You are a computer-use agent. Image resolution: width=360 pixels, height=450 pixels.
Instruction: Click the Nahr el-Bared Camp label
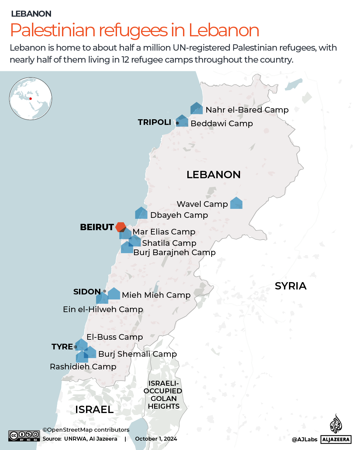pos(247,110)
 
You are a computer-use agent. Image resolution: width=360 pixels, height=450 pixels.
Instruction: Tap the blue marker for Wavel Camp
pos(236,203)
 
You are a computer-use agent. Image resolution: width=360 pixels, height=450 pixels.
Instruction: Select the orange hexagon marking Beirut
pos(120,227)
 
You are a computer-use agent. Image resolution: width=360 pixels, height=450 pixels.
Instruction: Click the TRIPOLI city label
pos(154,122)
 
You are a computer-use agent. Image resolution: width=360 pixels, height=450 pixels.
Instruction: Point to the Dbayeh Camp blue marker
pos(141,213)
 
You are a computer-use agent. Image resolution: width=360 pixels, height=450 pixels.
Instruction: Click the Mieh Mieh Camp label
pos(156,295)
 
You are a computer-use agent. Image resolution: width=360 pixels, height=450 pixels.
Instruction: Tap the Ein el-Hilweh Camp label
pos(103,309)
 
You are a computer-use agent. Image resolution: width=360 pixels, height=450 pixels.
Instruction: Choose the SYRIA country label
pos(290,286)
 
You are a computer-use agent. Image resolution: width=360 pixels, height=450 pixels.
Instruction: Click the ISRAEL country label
pos(94,409)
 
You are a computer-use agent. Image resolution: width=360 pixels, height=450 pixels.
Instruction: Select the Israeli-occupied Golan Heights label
pos(163,395)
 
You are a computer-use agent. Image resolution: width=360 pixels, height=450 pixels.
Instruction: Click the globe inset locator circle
pos(31,99)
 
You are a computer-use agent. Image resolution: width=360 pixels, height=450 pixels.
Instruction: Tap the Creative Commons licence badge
pos(24,436)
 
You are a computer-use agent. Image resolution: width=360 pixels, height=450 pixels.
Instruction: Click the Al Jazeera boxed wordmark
pos(336,440)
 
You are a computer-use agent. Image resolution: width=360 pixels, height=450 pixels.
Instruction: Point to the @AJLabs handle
pos(304,440)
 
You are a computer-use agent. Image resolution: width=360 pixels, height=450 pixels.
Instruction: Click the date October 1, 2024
pos(156,439)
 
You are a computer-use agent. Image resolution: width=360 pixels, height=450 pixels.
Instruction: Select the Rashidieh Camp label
pos(83,367)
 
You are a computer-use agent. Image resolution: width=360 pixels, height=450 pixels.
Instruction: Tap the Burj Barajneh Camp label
pos(174,252)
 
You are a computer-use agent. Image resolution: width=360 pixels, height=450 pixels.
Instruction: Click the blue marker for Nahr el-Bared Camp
pos(197,109)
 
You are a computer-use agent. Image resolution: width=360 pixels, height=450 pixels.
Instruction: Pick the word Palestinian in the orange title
pos(53,30)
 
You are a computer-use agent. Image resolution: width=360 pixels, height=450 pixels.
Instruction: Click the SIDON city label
pos(87,292)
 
